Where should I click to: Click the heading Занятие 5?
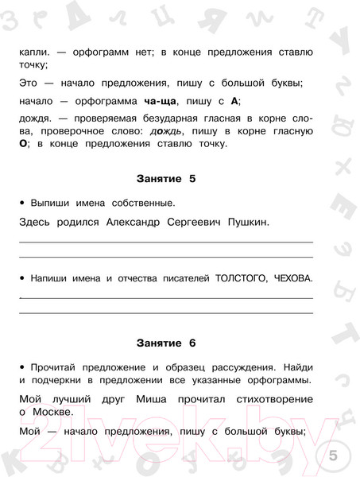tap(165, 179)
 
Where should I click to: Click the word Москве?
tap(51, 412)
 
